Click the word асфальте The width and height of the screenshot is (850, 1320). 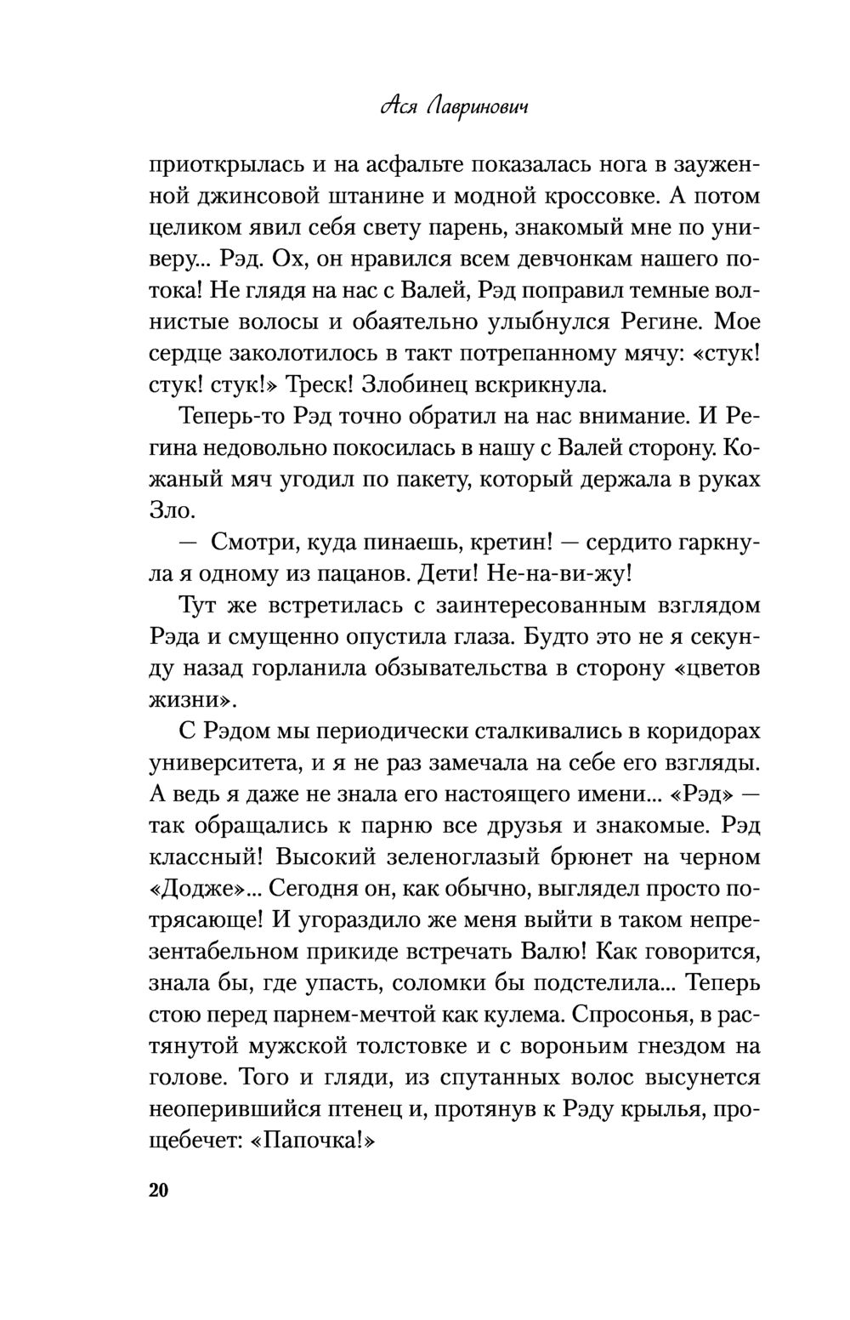coord(395,163)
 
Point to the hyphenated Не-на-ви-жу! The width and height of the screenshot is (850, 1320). coord(559,573)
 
